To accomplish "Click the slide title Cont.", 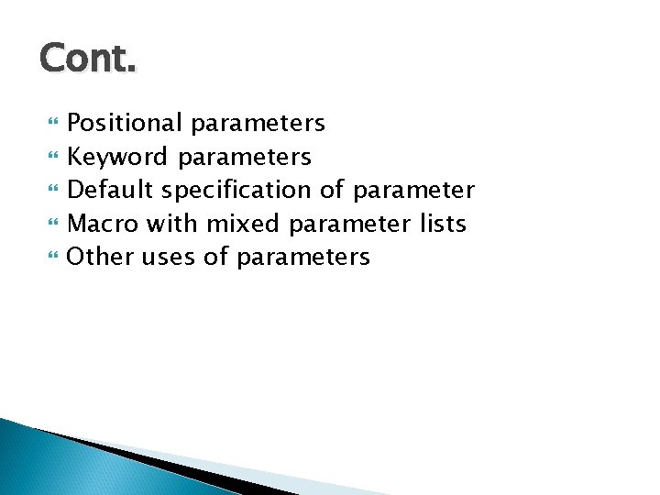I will [x=88, y=60].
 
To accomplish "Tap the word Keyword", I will [x=117, y=157].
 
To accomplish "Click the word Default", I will [x=112, y=191].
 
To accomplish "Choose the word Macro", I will [x=102, y=224].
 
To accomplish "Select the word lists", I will [x=442, y=224].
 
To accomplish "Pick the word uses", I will [x=167, y=258].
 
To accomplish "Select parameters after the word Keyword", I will [x=245, y=157].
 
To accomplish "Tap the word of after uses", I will [x=215, y=257].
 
